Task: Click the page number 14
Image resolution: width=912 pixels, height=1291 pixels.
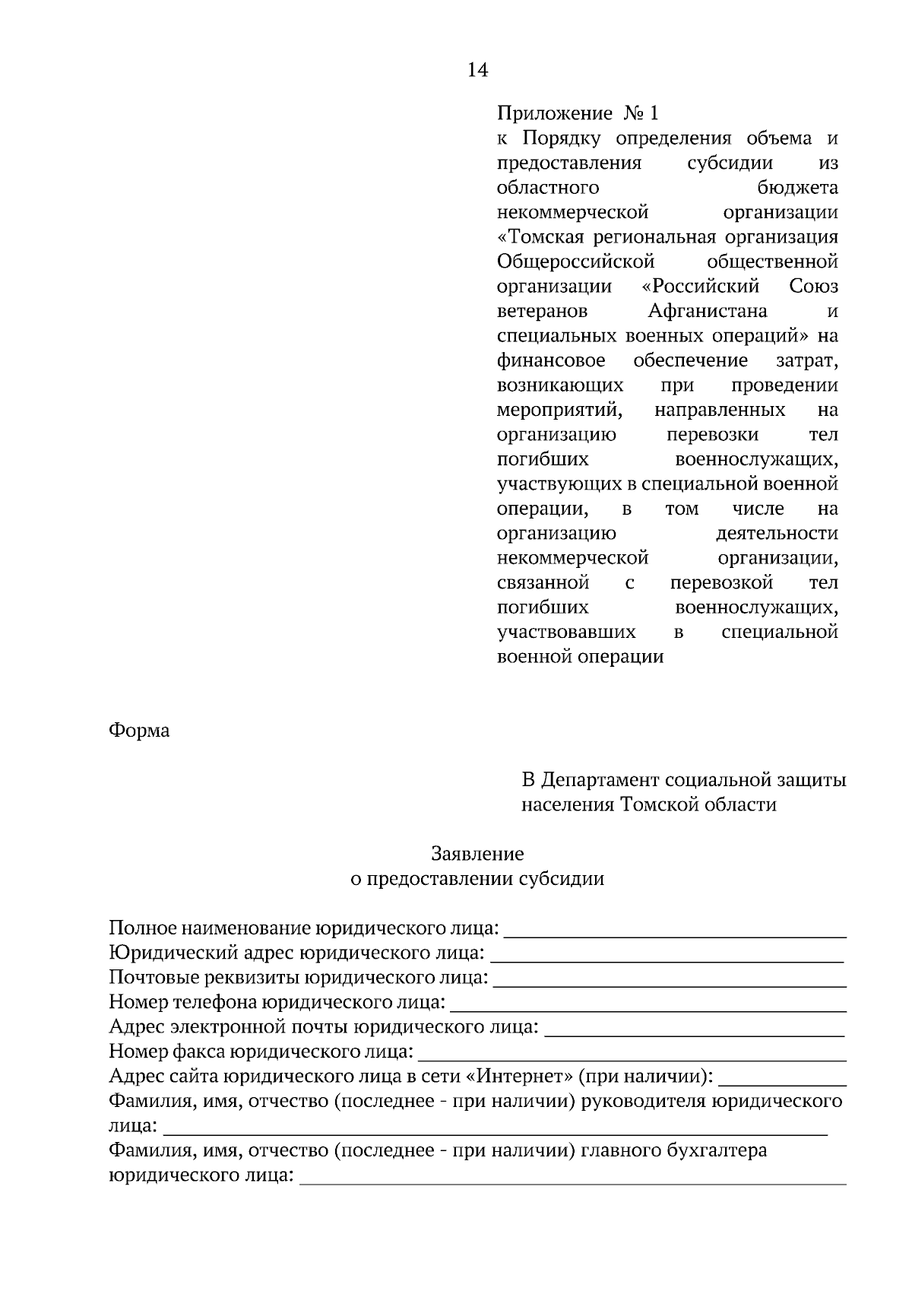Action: (477, 71)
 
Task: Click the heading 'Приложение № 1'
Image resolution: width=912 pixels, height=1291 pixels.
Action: (578, 114)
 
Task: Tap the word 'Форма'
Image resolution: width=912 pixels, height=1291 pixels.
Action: (139, 731)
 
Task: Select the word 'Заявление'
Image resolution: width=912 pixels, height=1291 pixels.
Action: (477, 854)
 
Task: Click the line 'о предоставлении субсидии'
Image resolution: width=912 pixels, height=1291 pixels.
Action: (477, 879)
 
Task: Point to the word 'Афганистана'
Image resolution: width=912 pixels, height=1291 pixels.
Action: (708, 311)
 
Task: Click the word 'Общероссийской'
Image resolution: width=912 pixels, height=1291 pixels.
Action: (575, 262)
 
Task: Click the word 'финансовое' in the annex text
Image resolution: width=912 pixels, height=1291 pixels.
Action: (551, 360)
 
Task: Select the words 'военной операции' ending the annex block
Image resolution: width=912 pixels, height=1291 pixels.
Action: (580, 657)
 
